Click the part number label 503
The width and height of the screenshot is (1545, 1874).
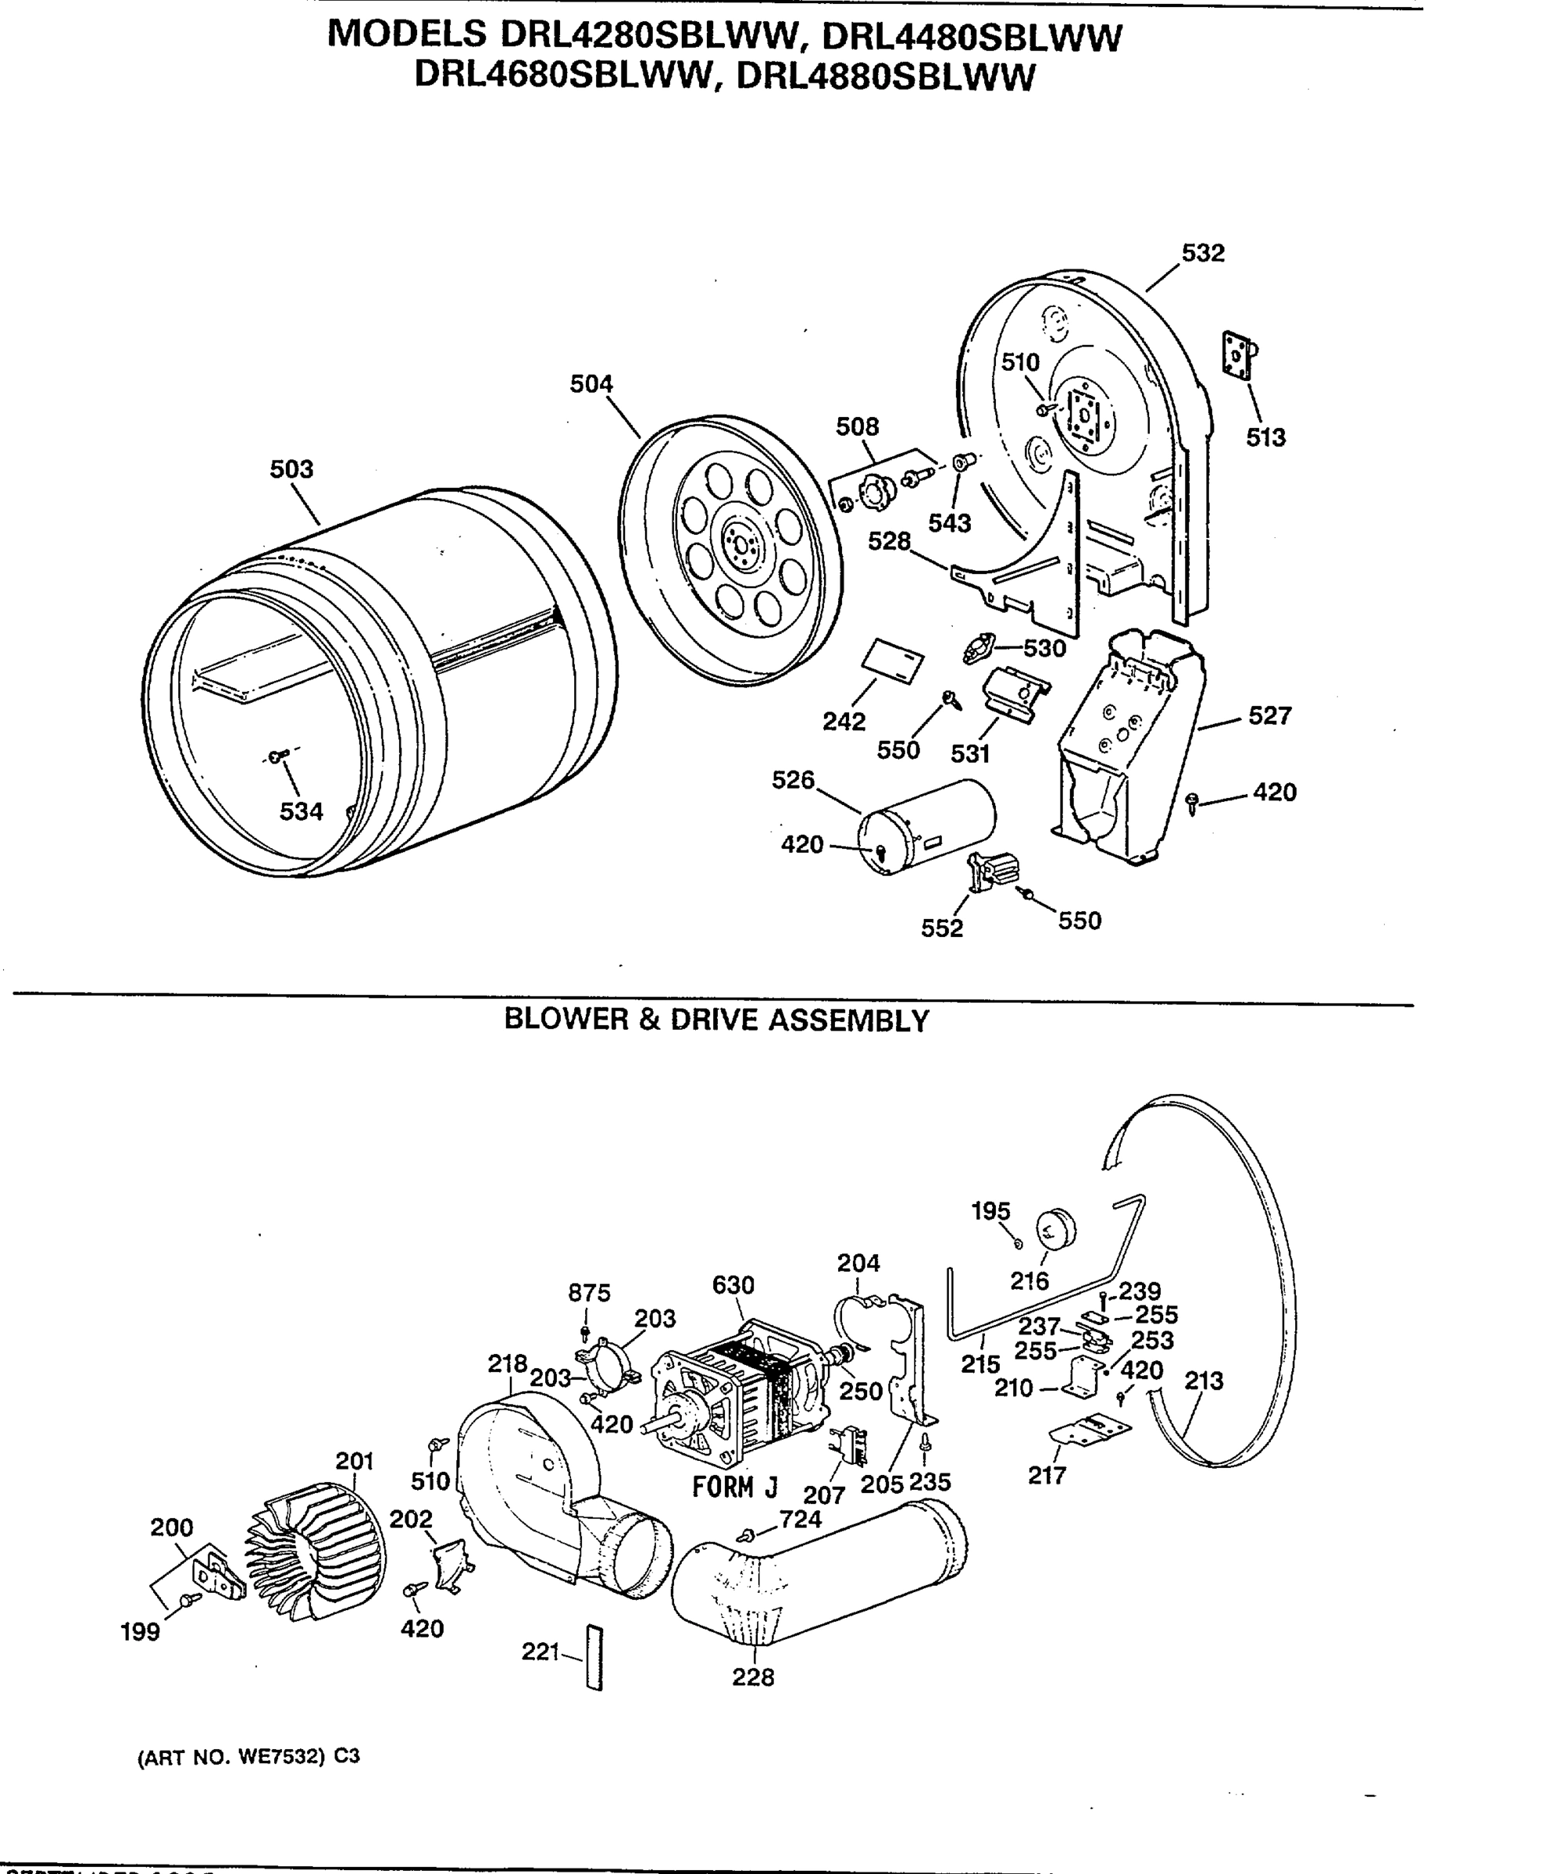coord(291,469)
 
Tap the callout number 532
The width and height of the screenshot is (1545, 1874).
coord(1202,254)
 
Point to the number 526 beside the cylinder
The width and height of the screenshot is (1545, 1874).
coord(792,780)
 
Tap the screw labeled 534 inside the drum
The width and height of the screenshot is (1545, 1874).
coord(277,757)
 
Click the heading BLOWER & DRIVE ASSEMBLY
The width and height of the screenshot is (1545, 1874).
coord(716,1021)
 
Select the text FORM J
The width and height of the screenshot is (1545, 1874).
coord(734,1487)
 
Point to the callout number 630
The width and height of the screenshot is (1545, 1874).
coord(733,1285)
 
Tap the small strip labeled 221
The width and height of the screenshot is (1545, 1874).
coord(594,1657)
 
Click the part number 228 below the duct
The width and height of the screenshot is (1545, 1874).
coord(753,1677)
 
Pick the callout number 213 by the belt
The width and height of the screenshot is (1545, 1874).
coord(1203,1381)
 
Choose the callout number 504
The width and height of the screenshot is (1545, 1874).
coord(591,384)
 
